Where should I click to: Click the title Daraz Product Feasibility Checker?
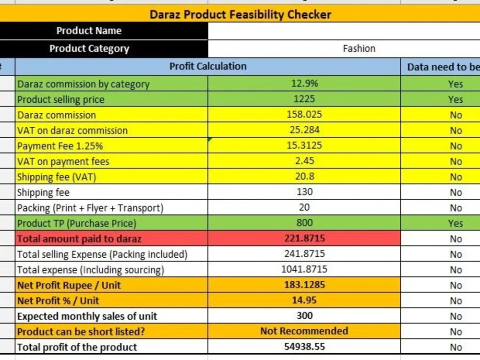[x=240, y=14]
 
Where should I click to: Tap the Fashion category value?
[x=359, y=48]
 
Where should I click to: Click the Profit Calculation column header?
[x=208, y=66]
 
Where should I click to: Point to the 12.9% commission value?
[x=304, y=83]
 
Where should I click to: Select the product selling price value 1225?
[x=304, y=99]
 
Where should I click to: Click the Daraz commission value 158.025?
[x=304, y=115]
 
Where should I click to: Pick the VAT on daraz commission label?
[x=72, y=131]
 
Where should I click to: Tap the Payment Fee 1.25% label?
[x=60, y=146]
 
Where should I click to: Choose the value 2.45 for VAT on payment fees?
[x=304, y=161]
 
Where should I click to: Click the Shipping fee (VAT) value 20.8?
[x=304, y=176]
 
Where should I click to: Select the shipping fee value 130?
[x=304, y=192]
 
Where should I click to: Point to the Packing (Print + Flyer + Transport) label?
[x=90, y=208]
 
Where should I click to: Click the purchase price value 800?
[x=304, y=223]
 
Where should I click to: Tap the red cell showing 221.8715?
[x=304, y=238]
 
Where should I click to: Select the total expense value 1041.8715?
[x=304, y=269]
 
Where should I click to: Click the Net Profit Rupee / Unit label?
[x=69, y=285]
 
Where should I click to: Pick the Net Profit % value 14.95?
[x=304, y=300]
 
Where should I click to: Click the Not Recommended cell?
[x=304, y=331]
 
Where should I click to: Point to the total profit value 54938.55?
[x=304, y=347]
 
